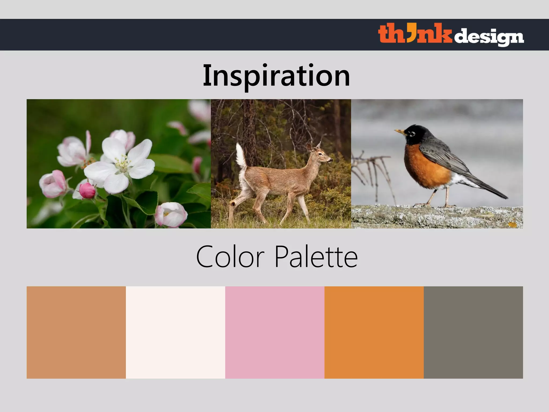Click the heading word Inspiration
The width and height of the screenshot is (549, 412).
(x=276, y=76)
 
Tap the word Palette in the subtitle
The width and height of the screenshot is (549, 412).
(x=316, y=257)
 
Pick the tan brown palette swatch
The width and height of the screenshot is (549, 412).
(x=76, y=332)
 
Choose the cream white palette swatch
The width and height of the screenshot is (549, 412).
(x=175, y=332)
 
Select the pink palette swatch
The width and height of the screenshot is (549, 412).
(x=275, y=332)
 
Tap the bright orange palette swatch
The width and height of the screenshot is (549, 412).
(x=374, y=332)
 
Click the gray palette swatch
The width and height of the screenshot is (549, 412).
(x=473, y=332)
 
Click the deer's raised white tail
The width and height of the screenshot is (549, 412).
(x=241, y=156)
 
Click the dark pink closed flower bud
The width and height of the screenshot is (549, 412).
(x=87, y=190)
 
